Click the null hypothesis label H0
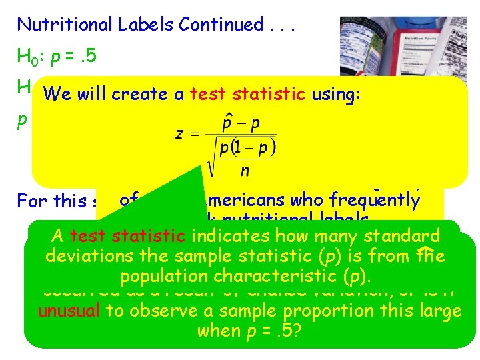pos(27,56)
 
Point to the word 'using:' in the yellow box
pos(336,95)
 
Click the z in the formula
pos(179,133)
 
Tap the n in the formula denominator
pos(245,171)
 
